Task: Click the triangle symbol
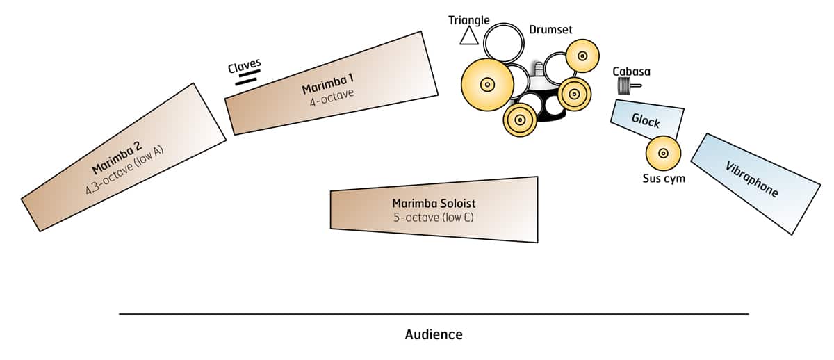(469, 36)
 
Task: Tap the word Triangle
(469, 20)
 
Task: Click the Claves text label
(244, 65)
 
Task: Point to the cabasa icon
(628, 86)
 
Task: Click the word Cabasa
(631, 71)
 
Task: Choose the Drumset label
(550, 29)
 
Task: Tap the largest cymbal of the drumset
(487, 85)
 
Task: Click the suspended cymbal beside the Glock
(663, 153)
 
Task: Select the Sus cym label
(663, 179)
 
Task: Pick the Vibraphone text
(751, 180)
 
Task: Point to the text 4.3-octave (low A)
(124, 171)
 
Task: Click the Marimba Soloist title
(434, 204)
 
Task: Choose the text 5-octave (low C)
(434, 217)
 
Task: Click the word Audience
(434, 334)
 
